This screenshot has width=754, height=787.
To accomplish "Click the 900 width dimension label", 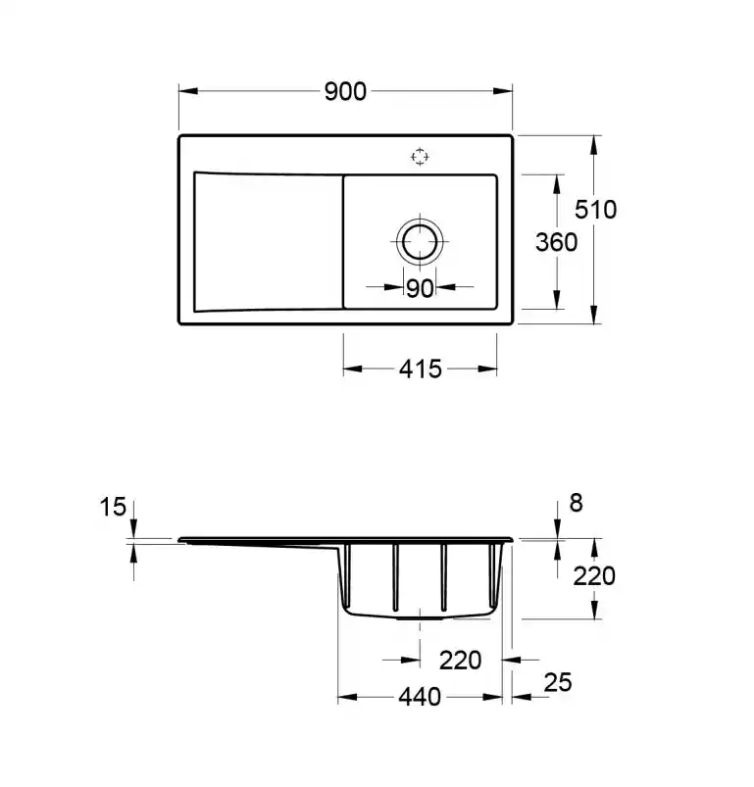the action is [345, 92].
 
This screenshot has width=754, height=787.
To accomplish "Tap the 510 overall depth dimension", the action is [595, 210].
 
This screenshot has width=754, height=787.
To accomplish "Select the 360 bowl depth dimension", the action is [556, 242].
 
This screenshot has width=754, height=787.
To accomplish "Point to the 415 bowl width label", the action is [421, 369].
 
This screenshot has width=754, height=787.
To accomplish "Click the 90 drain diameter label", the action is [420, 288].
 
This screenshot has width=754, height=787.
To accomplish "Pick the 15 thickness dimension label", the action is [113, 507].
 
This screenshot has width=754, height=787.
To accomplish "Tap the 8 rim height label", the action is [576, 503].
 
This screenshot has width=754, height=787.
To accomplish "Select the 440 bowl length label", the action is [420, 697].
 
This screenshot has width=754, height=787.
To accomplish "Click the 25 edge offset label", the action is [558, 682].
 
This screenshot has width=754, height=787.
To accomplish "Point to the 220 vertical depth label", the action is [594, 576].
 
